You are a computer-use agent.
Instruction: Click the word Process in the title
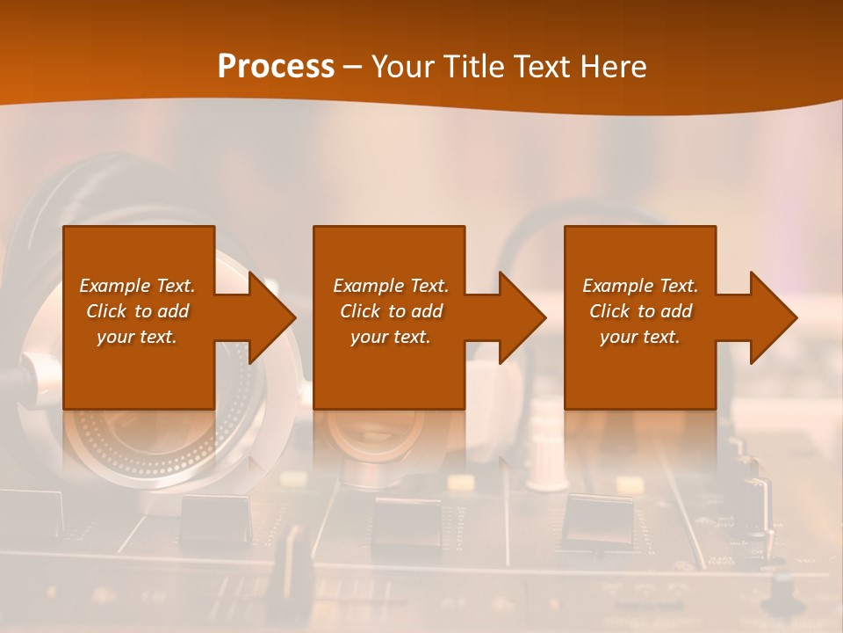[276, 67]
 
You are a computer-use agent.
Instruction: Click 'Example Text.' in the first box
[137, 286]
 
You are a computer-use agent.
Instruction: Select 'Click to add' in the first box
[137, 311]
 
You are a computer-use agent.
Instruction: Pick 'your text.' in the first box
[137, 337]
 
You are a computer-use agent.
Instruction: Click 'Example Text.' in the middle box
[391, 286]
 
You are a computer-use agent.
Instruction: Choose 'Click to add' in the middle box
[391, 311]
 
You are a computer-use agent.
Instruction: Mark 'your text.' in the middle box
[391, 337]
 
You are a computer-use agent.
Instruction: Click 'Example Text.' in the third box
[640, 286]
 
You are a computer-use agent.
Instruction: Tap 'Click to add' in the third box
[640, 311]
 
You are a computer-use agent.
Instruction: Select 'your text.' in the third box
[640, 337]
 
